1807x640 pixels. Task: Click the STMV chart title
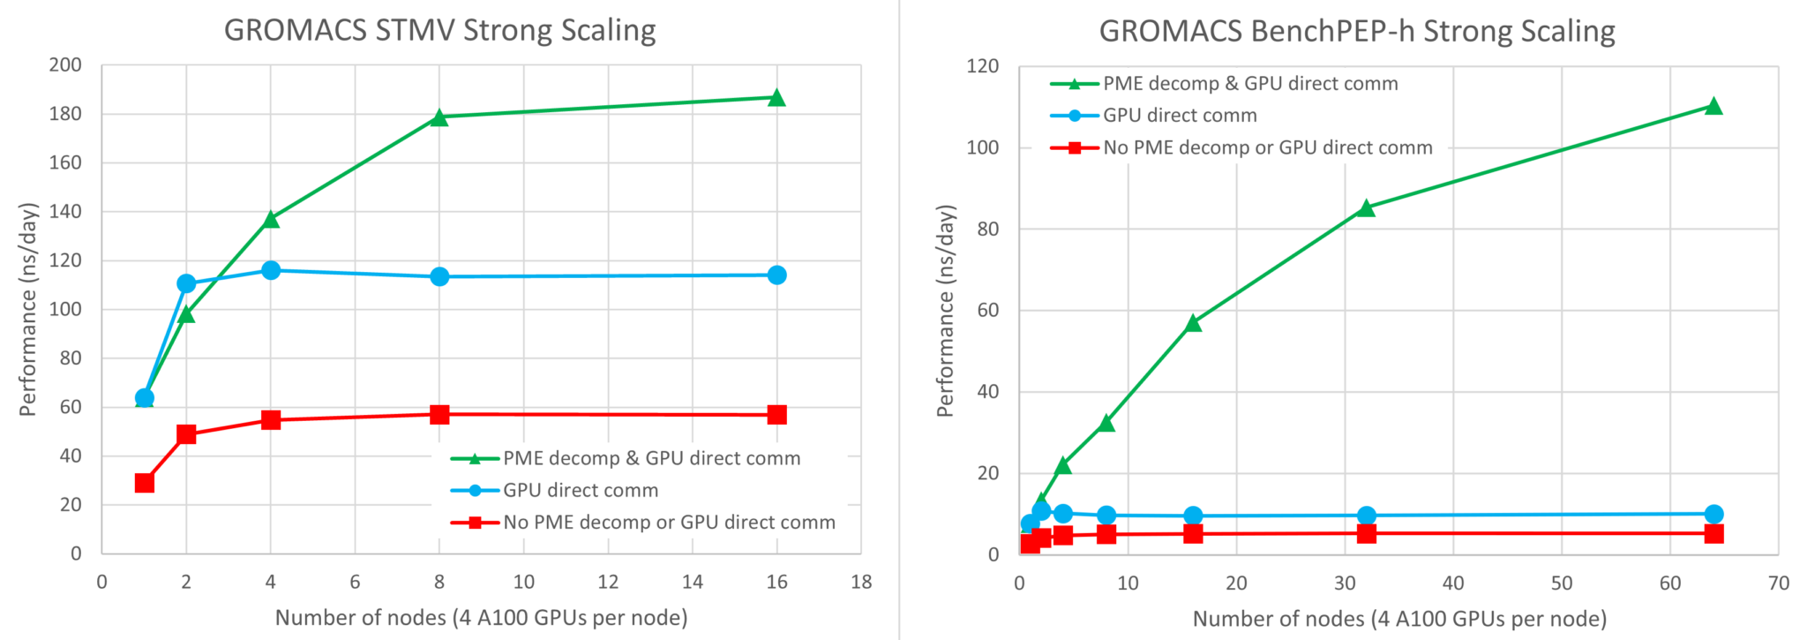439,30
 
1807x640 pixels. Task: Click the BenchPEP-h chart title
1356,31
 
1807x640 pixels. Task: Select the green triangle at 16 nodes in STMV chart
776,97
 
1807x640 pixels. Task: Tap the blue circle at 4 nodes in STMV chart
271,270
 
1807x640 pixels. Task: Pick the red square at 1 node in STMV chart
145,483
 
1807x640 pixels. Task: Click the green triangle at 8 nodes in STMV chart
439,117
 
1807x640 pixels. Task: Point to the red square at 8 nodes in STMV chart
439,414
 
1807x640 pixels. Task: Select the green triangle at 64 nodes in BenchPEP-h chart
1713,106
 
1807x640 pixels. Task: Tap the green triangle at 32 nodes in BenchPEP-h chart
1366,208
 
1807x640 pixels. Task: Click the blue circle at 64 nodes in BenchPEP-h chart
1713,514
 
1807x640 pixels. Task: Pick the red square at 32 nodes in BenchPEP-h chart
1366,533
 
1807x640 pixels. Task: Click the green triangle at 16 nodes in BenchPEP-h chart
1193,323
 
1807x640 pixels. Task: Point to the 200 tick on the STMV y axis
64,65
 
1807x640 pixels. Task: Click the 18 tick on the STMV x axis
861,582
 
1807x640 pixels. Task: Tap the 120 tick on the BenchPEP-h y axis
982,66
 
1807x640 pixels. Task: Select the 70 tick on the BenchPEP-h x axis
1779,584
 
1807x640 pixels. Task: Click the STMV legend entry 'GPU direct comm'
580,491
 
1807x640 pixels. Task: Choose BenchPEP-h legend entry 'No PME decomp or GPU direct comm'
1267,148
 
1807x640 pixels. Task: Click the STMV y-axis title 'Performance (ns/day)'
28,309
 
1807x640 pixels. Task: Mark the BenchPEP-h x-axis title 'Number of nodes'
1399,619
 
